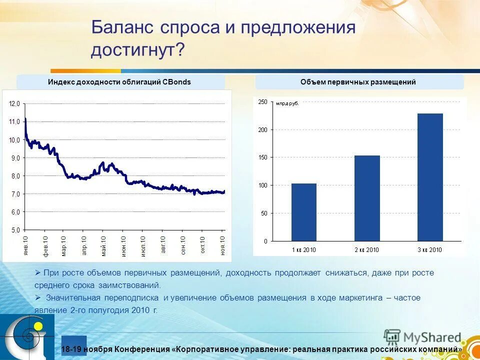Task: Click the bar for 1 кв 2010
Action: (304, 212)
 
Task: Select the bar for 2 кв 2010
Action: (367, 198)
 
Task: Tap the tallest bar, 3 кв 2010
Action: (430, 177)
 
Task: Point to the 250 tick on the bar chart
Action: (262, 102)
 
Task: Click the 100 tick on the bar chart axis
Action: (262, 185)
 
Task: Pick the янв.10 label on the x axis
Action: (25, 245)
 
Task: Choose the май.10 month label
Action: (103, 245)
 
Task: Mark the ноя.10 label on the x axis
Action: (222, 245)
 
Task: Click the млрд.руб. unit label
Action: (287, 103)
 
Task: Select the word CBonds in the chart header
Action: (177, 82)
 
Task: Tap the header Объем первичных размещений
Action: (358, 82)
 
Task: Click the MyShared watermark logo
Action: (422, 338)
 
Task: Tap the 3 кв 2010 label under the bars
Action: (430, 249)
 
